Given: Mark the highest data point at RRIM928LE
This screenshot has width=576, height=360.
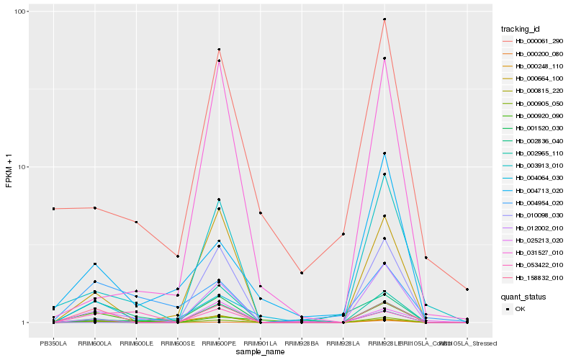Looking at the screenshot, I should pyautogui.click(x=384, y=19).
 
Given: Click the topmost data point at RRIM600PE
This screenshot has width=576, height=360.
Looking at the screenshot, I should pyautogui.click(x=219, y=50).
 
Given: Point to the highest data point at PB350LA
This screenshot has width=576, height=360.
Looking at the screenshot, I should pyautogui.click(x=53, y=209).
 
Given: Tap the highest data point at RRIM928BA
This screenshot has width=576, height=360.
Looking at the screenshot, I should pyautogui.click(x=302, y=273).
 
